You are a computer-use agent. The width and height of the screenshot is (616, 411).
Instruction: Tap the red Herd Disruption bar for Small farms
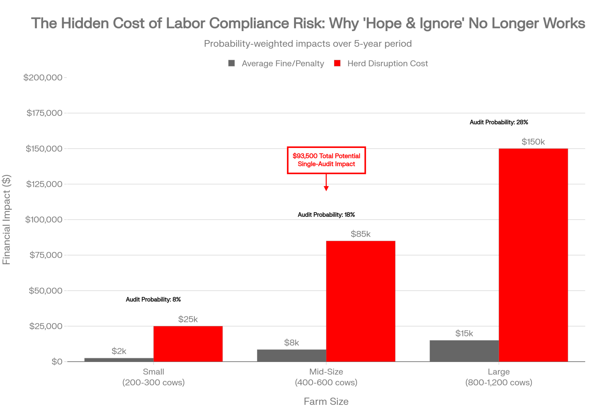[188, 344]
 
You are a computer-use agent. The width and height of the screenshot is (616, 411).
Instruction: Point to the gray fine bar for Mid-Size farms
[291, 356]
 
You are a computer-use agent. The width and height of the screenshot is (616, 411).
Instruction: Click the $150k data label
[533, 142]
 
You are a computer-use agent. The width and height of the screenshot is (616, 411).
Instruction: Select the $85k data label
[360, 234]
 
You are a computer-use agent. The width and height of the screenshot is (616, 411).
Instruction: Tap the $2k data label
[119, 351]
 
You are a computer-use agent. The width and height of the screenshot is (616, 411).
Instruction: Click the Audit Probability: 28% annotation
[499, 122]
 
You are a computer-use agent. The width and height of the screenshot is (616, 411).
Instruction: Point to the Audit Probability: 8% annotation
[153, 299]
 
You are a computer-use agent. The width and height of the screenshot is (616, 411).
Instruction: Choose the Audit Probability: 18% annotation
[326, 215]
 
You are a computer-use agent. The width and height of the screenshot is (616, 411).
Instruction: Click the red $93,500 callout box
[326, 160]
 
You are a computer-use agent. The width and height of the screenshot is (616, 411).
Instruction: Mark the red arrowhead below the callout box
[326, 188]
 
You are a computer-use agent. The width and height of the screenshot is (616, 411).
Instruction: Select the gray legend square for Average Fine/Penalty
[232, 63]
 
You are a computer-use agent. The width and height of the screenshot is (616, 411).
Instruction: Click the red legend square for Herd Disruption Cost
[337, 63]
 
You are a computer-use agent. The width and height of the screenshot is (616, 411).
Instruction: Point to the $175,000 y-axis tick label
[44, 113]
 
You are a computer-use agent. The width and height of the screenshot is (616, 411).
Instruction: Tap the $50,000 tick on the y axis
[46, 290]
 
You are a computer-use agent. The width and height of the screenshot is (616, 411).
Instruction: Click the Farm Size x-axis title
[326, 401]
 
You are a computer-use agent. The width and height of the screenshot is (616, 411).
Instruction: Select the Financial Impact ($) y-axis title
[6, 220]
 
